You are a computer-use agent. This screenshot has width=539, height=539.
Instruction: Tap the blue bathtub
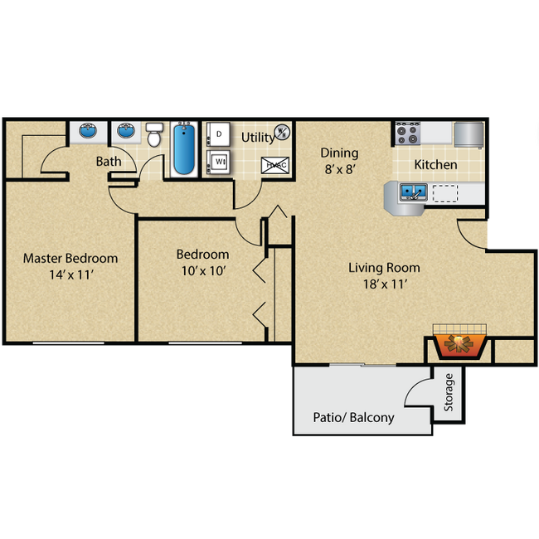coord(183,148)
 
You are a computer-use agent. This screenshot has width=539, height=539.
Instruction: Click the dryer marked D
coord(218,134)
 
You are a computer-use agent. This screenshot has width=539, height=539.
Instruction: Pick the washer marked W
coord(218,163)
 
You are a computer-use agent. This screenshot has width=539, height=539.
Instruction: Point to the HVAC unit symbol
coord(274,164)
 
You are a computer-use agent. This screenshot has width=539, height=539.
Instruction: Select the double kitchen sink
coord(412,193)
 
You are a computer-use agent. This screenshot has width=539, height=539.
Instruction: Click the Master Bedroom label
coord(70,258)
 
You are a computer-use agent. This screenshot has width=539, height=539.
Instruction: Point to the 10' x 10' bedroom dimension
coord(202,270)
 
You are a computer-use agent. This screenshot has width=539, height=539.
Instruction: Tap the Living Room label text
coord(384,268)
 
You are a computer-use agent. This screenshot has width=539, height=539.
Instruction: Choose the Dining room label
coord(340,153)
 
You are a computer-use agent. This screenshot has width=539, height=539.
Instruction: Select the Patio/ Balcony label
coord(353,417)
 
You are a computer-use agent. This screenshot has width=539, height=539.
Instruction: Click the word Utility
coord(257,137)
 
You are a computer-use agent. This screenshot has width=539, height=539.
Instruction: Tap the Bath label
coord(109,161)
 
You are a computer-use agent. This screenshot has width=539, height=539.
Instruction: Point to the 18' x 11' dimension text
coord(384,284)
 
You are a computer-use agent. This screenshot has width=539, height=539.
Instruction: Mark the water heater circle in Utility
coord(282,132)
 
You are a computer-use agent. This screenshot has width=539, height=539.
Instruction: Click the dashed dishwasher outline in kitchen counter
coord(445,193)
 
